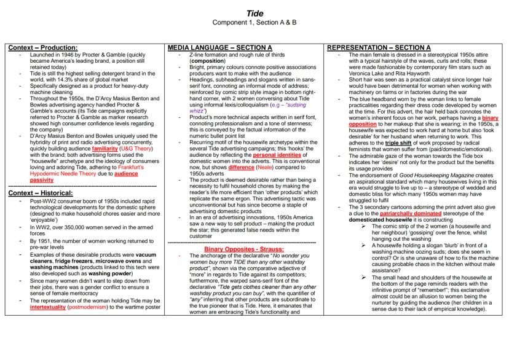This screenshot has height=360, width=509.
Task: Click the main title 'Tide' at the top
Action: tap(254, 13)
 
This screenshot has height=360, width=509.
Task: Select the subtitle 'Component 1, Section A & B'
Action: tap(254, 23)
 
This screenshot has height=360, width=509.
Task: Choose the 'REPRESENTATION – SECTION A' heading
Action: tap(379, 47)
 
